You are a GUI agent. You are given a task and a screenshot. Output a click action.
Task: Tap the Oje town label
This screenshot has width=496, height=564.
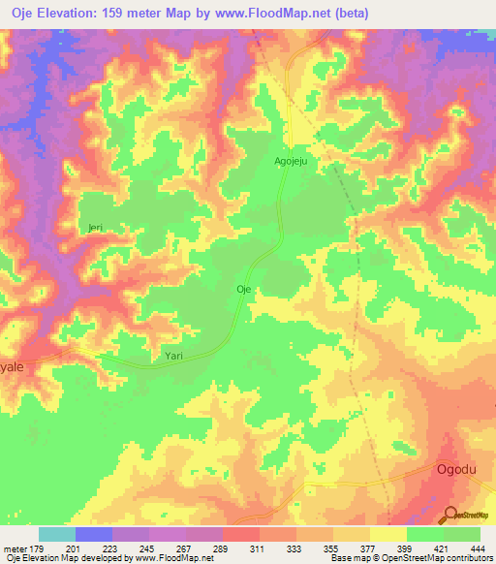[244, 289]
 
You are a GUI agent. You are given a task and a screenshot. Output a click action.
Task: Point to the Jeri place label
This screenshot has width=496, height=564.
[95, 228]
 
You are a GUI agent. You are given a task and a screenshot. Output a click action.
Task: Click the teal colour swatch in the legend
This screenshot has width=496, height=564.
[56, 534]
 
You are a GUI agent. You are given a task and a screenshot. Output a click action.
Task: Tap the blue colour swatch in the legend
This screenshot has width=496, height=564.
[93, 534]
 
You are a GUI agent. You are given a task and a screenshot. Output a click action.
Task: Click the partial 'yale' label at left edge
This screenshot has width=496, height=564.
[11, 369]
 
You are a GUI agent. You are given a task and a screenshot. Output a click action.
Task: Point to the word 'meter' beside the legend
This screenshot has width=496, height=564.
[15, 549]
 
